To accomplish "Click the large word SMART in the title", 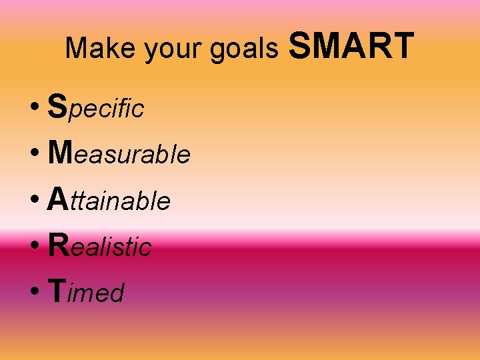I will click(353, 46).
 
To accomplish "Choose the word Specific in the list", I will click(96, 107).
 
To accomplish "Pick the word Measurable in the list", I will click(119, 153).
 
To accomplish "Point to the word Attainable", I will click(109, 199).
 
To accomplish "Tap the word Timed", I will click(87, 291).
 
